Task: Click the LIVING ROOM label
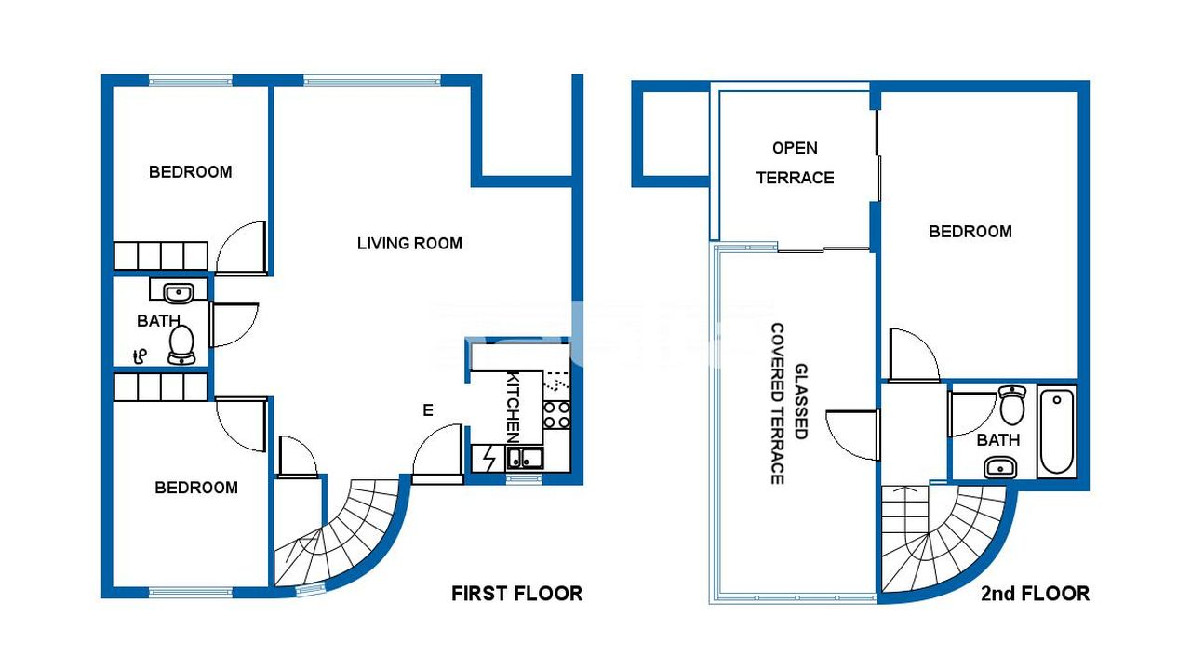(409, 244)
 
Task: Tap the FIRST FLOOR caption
(516, 594)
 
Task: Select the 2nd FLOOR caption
(1036, 594)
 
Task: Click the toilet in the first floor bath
(181, 344)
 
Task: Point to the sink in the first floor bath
(178, 293)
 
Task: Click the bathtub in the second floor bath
(1057, 432)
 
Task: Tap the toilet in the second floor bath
(1011, 405)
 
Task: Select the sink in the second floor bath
(1000, 468)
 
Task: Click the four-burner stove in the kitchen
(556, 415)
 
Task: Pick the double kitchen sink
(525, 459)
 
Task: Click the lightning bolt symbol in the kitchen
(489, 459)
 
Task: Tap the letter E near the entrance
(428, 410)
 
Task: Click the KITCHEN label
(513, 409)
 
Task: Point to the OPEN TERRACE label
(795, 163)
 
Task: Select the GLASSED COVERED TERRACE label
(789, 404)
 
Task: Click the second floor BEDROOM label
(970, 232)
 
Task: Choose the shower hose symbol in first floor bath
(140, 356)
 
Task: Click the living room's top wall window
(372, 80)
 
